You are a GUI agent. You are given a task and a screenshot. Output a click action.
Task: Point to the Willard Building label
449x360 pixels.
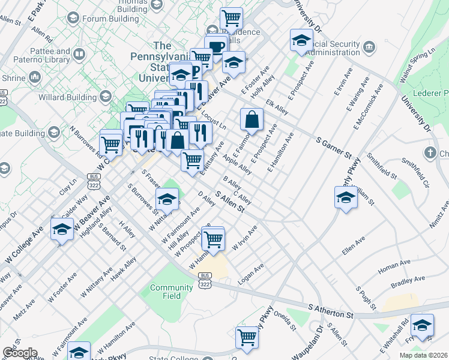pos(67,96)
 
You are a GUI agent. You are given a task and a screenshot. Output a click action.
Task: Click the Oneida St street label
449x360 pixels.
pos(285,320)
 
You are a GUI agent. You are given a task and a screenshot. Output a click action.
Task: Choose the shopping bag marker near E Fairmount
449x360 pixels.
pos(252,119)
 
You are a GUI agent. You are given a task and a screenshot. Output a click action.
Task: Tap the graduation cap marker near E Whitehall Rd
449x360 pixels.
pos(422,325)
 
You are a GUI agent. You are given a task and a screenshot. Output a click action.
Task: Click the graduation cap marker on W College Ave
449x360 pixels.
pos(62,229)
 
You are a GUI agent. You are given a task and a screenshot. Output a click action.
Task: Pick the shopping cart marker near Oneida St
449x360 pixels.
pos(247,337)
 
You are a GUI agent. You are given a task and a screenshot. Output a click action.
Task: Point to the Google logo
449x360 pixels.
pos(20,353)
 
